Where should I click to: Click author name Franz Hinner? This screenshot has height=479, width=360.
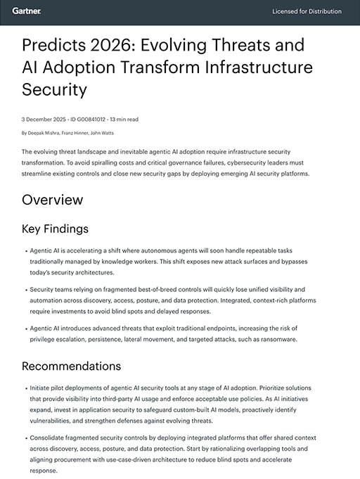(77, 132)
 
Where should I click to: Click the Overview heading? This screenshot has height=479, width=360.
(52, 199)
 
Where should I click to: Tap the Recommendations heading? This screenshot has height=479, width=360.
(71, 366)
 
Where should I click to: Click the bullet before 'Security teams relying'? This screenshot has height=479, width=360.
(25, 289)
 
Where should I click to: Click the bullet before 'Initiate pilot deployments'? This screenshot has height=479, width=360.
(25, 388)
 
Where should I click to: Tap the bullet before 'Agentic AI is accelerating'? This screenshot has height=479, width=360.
(25, 250)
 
